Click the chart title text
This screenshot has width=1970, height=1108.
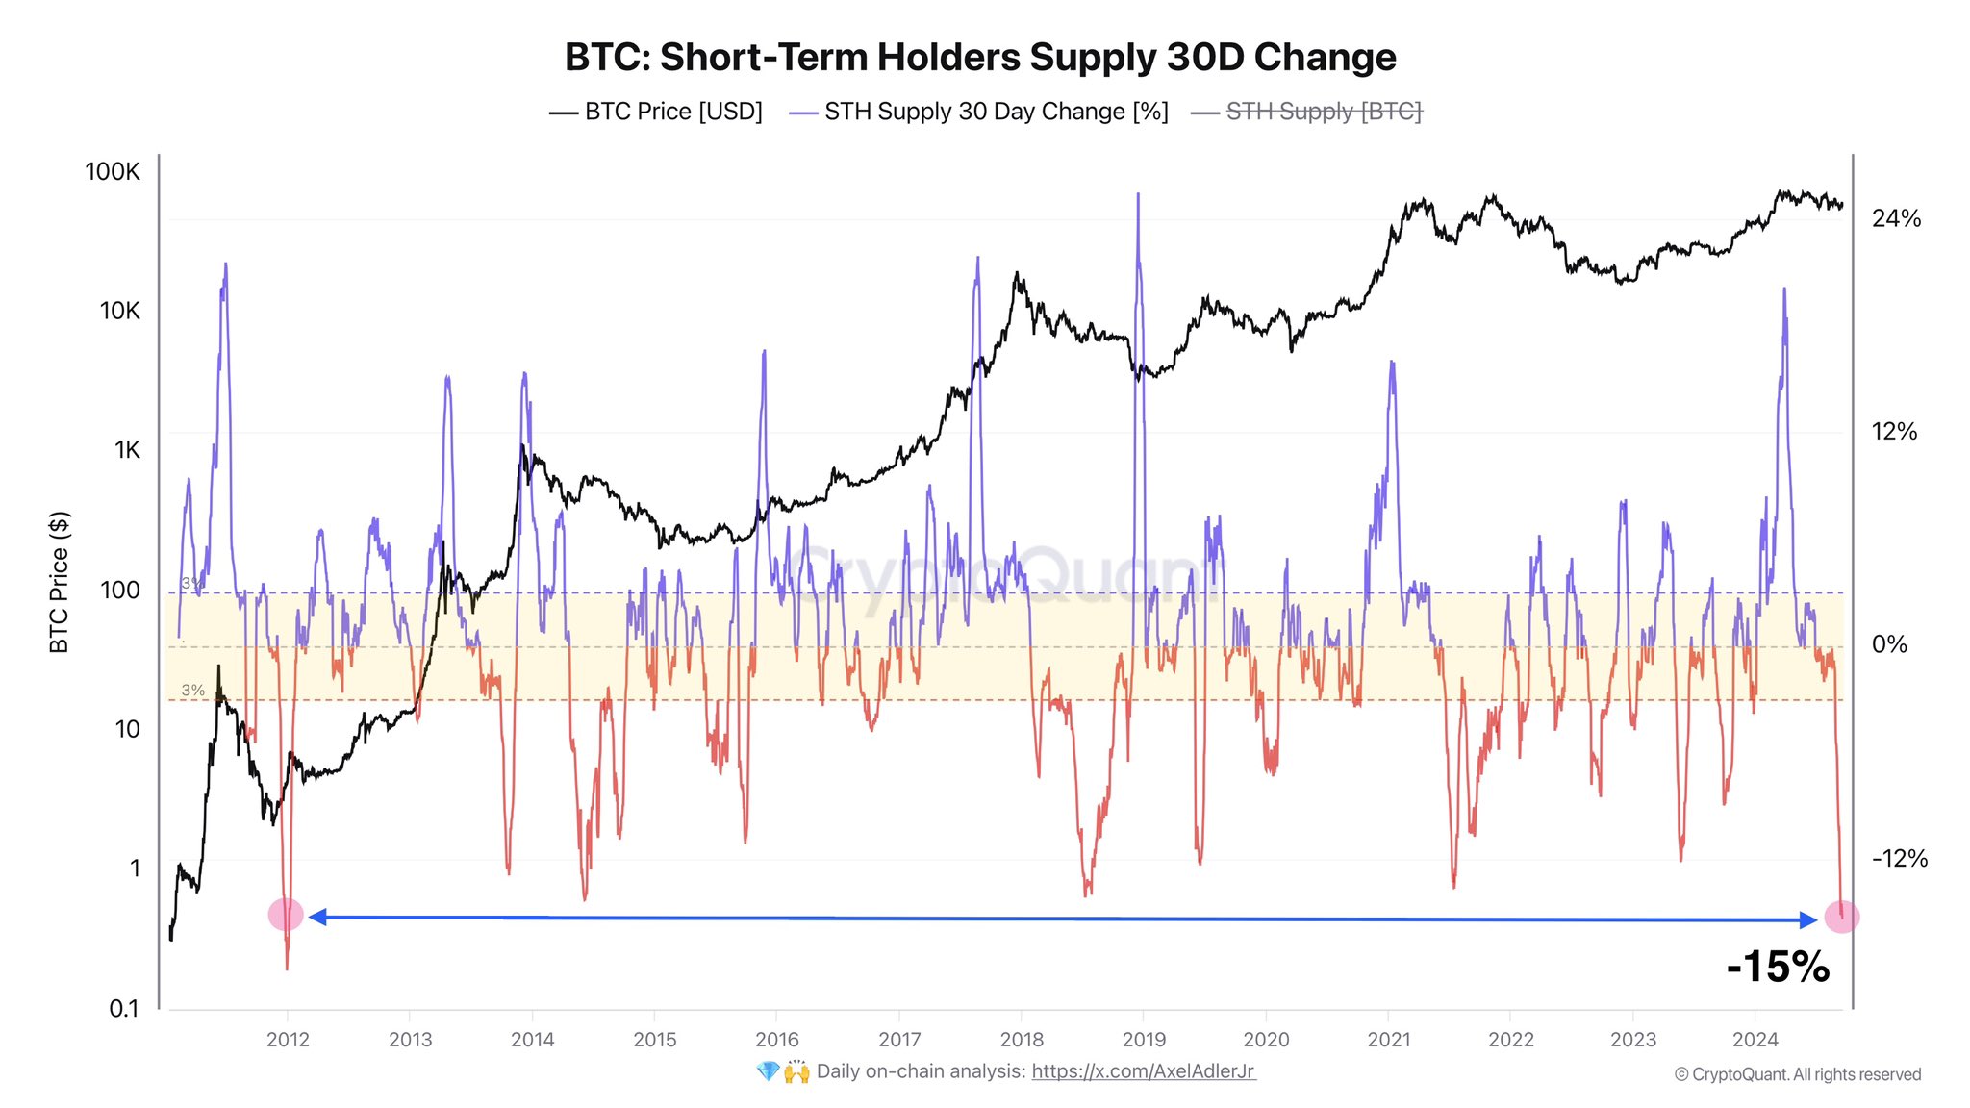tap(980, 58)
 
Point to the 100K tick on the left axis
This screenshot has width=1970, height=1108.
tap(113, 172)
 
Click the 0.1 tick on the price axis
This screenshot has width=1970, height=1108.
tap(124, 1009)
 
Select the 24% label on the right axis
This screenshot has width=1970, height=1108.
tap(1896, 219)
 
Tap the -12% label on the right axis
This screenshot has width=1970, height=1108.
tap(1899, 859)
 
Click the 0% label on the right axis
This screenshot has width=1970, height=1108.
tap(1889, 644)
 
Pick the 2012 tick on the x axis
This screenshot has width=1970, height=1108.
tap(288, 1040)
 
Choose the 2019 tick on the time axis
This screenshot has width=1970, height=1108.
tap(1144, 1040)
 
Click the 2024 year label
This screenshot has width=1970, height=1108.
tap(1755, 1040)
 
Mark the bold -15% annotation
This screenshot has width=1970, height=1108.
tap(1778, 967)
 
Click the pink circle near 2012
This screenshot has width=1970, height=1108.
tap(286, 915)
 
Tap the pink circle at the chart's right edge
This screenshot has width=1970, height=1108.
tap(1842, 918)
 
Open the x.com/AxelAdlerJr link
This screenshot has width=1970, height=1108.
tap(1143, 1071)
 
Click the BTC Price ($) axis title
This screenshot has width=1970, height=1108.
tap(60, 582)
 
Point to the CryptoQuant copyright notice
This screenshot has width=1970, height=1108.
tap(1797, 1075)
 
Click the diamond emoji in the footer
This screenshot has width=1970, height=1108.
tap(768, 1071)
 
